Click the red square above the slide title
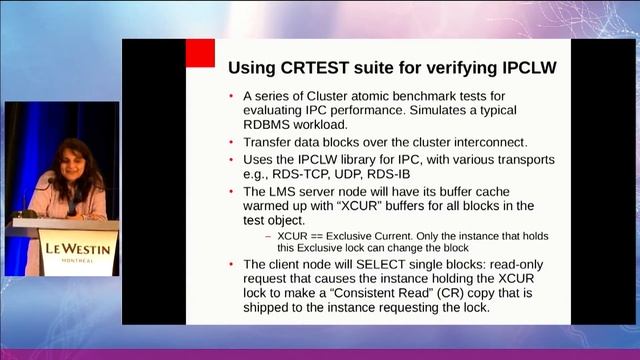201,53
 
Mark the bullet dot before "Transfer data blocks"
232,143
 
